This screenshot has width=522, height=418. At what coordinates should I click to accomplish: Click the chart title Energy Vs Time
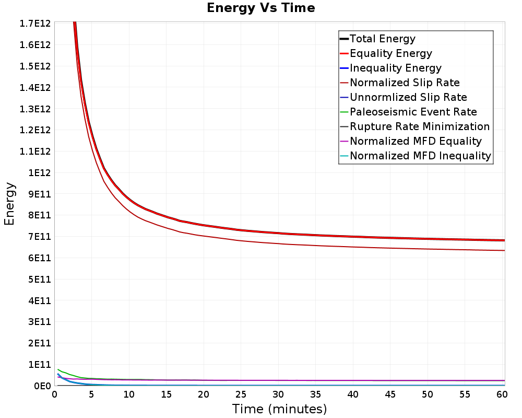click(260, 8)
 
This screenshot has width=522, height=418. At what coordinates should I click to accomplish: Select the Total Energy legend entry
click(383, 39)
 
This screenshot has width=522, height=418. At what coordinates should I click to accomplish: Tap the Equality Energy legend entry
click(391, 53)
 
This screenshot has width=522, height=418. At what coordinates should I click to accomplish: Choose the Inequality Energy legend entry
click(396, 68)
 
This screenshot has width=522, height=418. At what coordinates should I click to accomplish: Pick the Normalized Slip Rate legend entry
click(405, 83)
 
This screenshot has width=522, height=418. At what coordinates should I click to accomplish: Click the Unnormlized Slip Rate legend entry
click(408, 97)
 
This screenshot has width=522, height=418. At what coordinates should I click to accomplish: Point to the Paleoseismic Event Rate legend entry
click(413, 112)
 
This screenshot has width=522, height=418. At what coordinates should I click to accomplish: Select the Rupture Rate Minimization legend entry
click(420, 126)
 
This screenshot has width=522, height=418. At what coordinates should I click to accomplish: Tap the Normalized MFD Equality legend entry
click(416, 141)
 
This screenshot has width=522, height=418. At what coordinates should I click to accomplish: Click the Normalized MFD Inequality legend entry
click(420, 156)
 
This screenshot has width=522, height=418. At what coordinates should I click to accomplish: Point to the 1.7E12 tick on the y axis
click(35, 24)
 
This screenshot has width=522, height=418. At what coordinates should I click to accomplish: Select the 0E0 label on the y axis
click(42, 386)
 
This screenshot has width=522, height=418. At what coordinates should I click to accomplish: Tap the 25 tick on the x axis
click(241, 394)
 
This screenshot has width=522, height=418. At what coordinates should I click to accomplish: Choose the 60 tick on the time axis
click(502, 394)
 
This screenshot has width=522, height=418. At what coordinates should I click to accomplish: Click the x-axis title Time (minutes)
click(279, 409)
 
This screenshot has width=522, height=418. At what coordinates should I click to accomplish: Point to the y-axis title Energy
click(9, 204)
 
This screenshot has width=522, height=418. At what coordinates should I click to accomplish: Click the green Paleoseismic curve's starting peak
click(58, 369)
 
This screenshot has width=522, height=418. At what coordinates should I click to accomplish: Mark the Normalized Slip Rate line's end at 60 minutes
click(505, 250)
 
